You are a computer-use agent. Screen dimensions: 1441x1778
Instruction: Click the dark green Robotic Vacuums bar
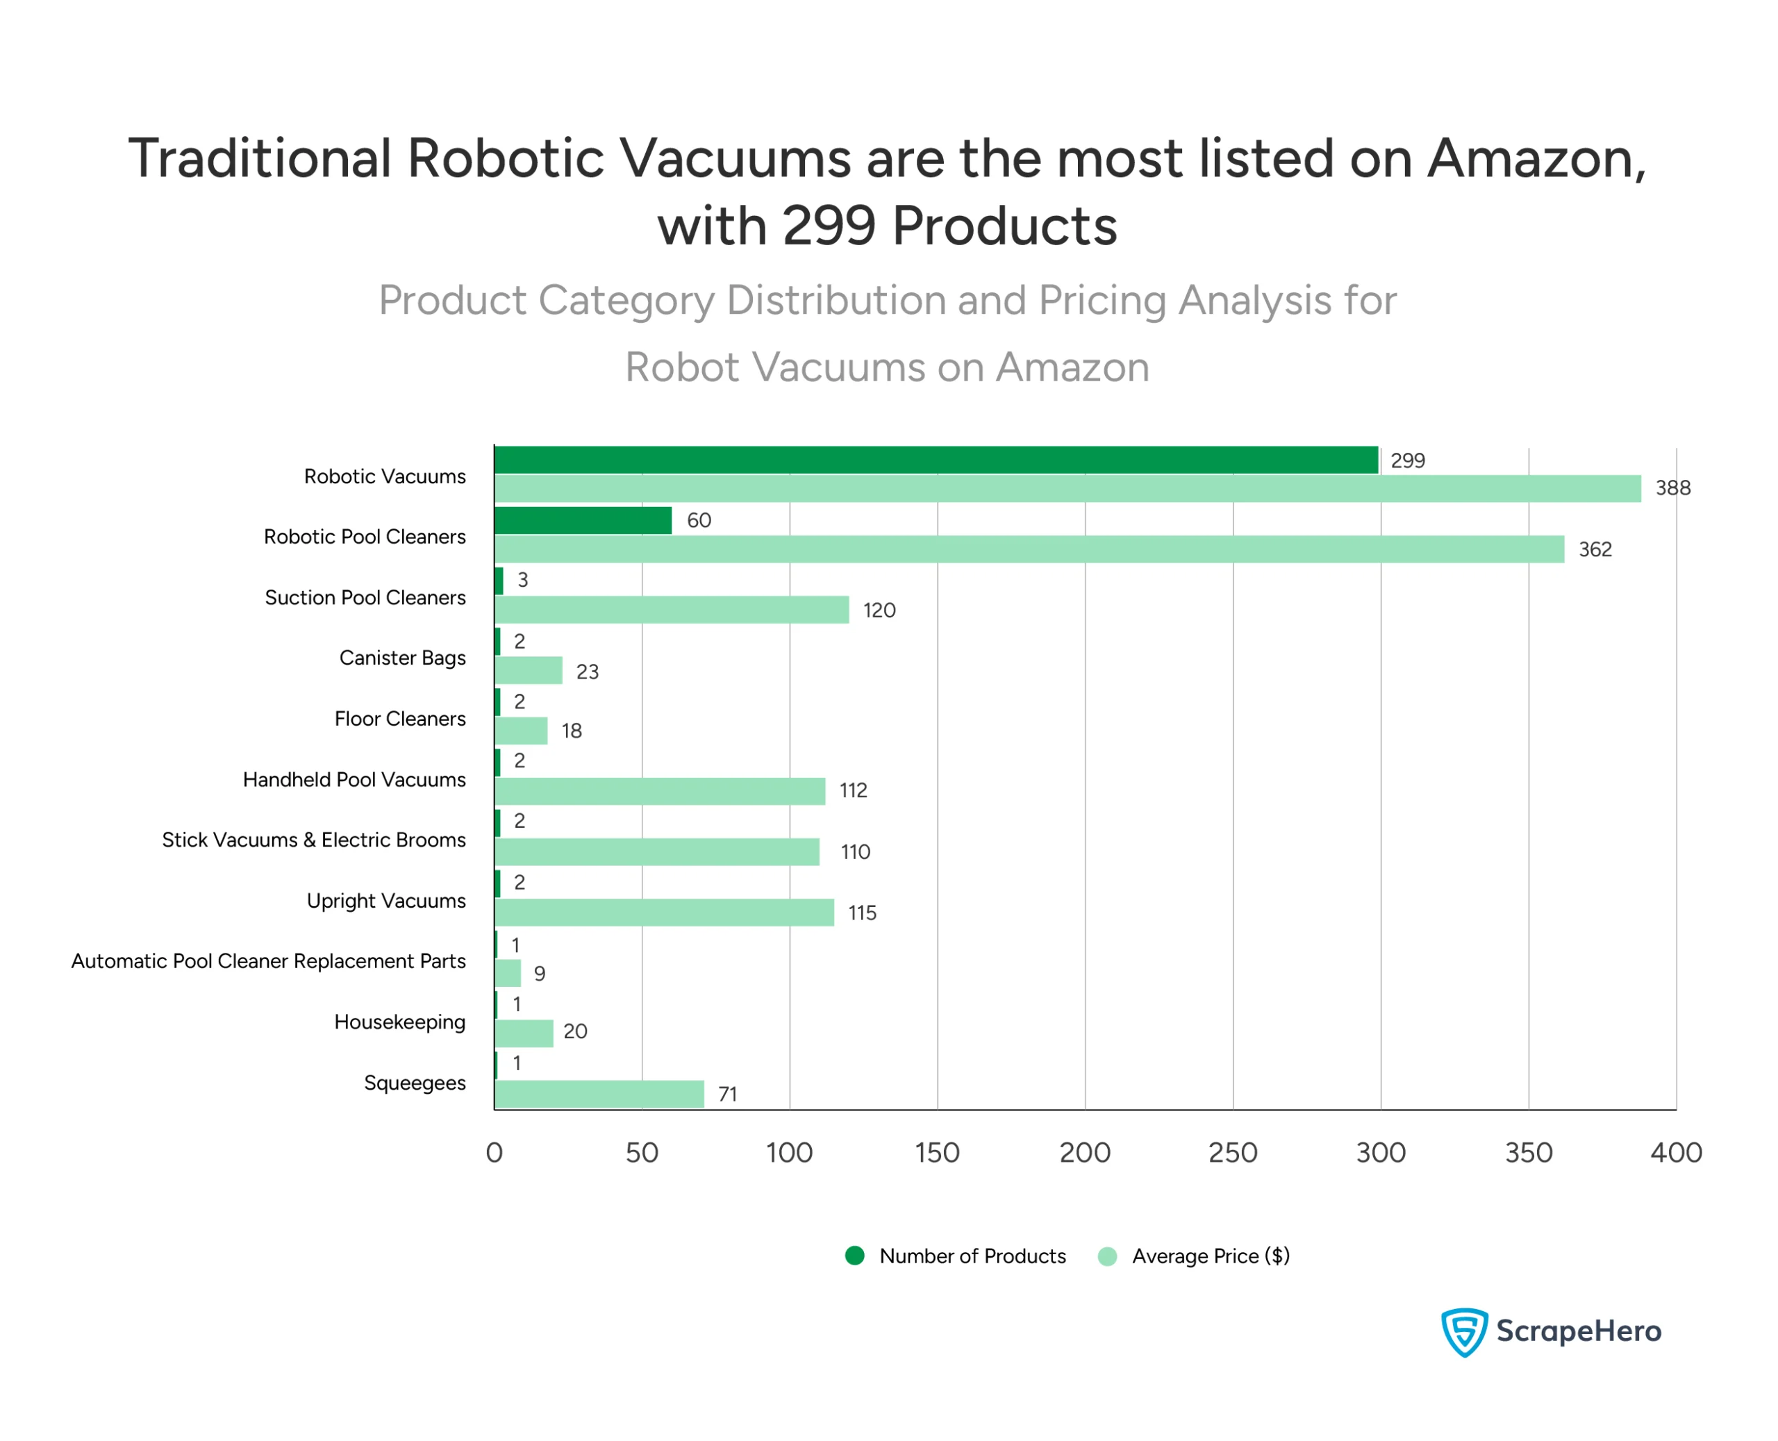936,460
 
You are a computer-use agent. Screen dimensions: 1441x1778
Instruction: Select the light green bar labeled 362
1029,549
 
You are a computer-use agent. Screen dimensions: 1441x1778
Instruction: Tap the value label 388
1673,488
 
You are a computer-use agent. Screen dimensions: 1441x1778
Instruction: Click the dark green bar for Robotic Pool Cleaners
583,520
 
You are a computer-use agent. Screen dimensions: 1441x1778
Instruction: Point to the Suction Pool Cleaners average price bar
672,610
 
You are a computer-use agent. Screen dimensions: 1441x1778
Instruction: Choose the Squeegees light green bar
599,1094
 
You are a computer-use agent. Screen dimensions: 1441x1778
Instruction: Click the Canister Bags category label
403,658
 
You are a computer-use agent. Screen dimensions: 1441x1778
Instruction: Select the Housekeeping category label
399,1022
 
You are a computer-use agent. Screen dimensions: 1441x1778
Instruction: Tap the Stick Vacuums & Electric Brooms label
314,840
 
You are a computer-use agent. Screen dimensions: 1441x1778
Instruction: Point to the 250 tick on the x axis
1233,1153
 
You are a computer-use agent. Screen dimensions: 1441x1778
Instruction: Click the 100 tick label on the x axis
790,1153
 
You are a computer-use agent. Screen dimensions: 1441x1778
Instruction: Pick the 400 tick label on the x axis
1676,1153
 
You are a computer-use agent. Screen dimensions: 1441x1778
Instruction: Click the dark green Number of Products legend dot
855,1256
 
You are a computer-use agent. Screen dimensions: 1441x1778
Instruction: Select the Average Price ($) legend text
1211,1256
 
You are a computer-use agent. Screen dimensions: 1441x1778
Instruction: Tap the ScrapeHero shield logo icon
1464,1331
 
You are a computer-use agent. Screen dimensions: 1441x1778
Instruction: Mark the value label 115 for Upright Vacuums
862,913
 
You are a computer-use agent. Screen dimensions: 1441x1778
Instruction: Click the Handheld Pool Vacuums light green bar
660,791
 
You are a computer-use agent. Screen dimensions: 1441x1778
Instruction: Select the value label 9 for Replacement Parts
540,974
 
